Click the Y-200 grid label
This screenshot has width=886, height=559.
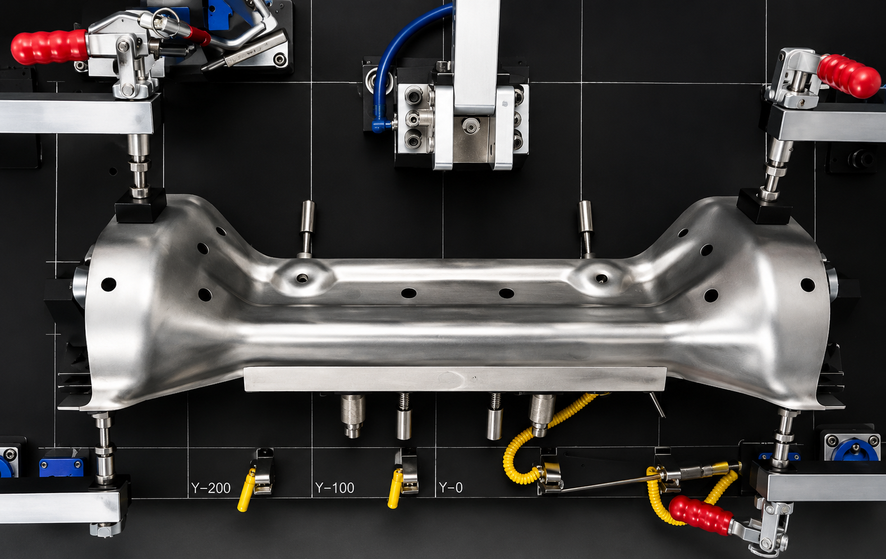pos(211,488)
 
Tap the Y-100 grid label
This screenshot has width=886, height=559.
pos(334,488)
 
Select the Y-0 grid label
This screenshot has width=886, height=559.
pos(451,487)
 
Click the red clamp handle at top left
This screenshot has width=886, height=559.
pos(49,47)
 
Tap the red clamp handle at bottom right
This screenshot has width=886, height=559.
pos(700,515)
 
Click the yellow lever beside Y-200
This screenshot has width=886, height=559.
pos(246,490)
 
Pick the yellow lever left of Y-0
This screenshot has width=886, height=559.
pos(395,488)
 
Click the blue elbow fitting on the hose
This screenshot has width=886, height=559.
pos(381,125)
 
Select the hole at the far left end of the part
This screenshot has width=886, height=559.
pos(108,284)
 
